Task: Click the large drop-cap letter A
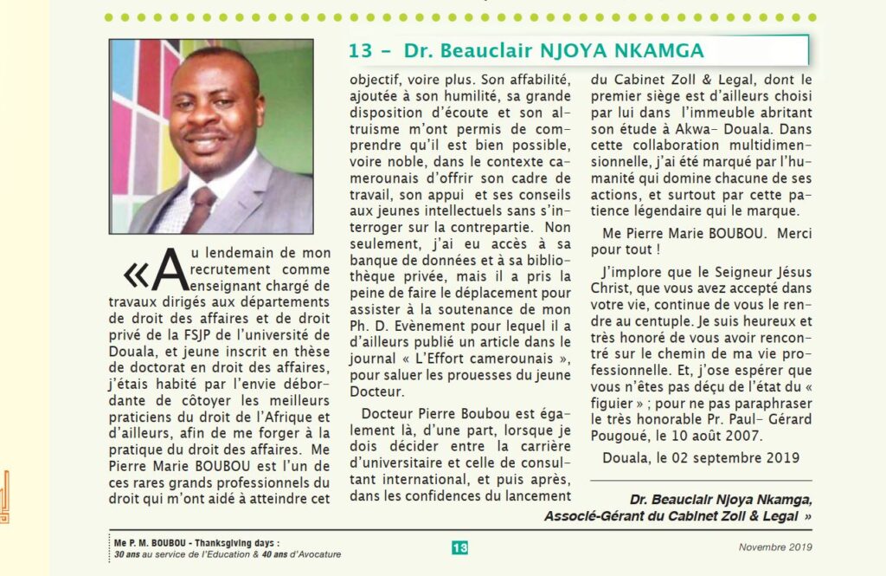170,269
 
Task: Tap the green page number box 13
459,547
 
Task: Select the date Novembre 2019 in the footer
775,547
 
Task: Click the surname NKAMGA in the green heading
653,50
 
